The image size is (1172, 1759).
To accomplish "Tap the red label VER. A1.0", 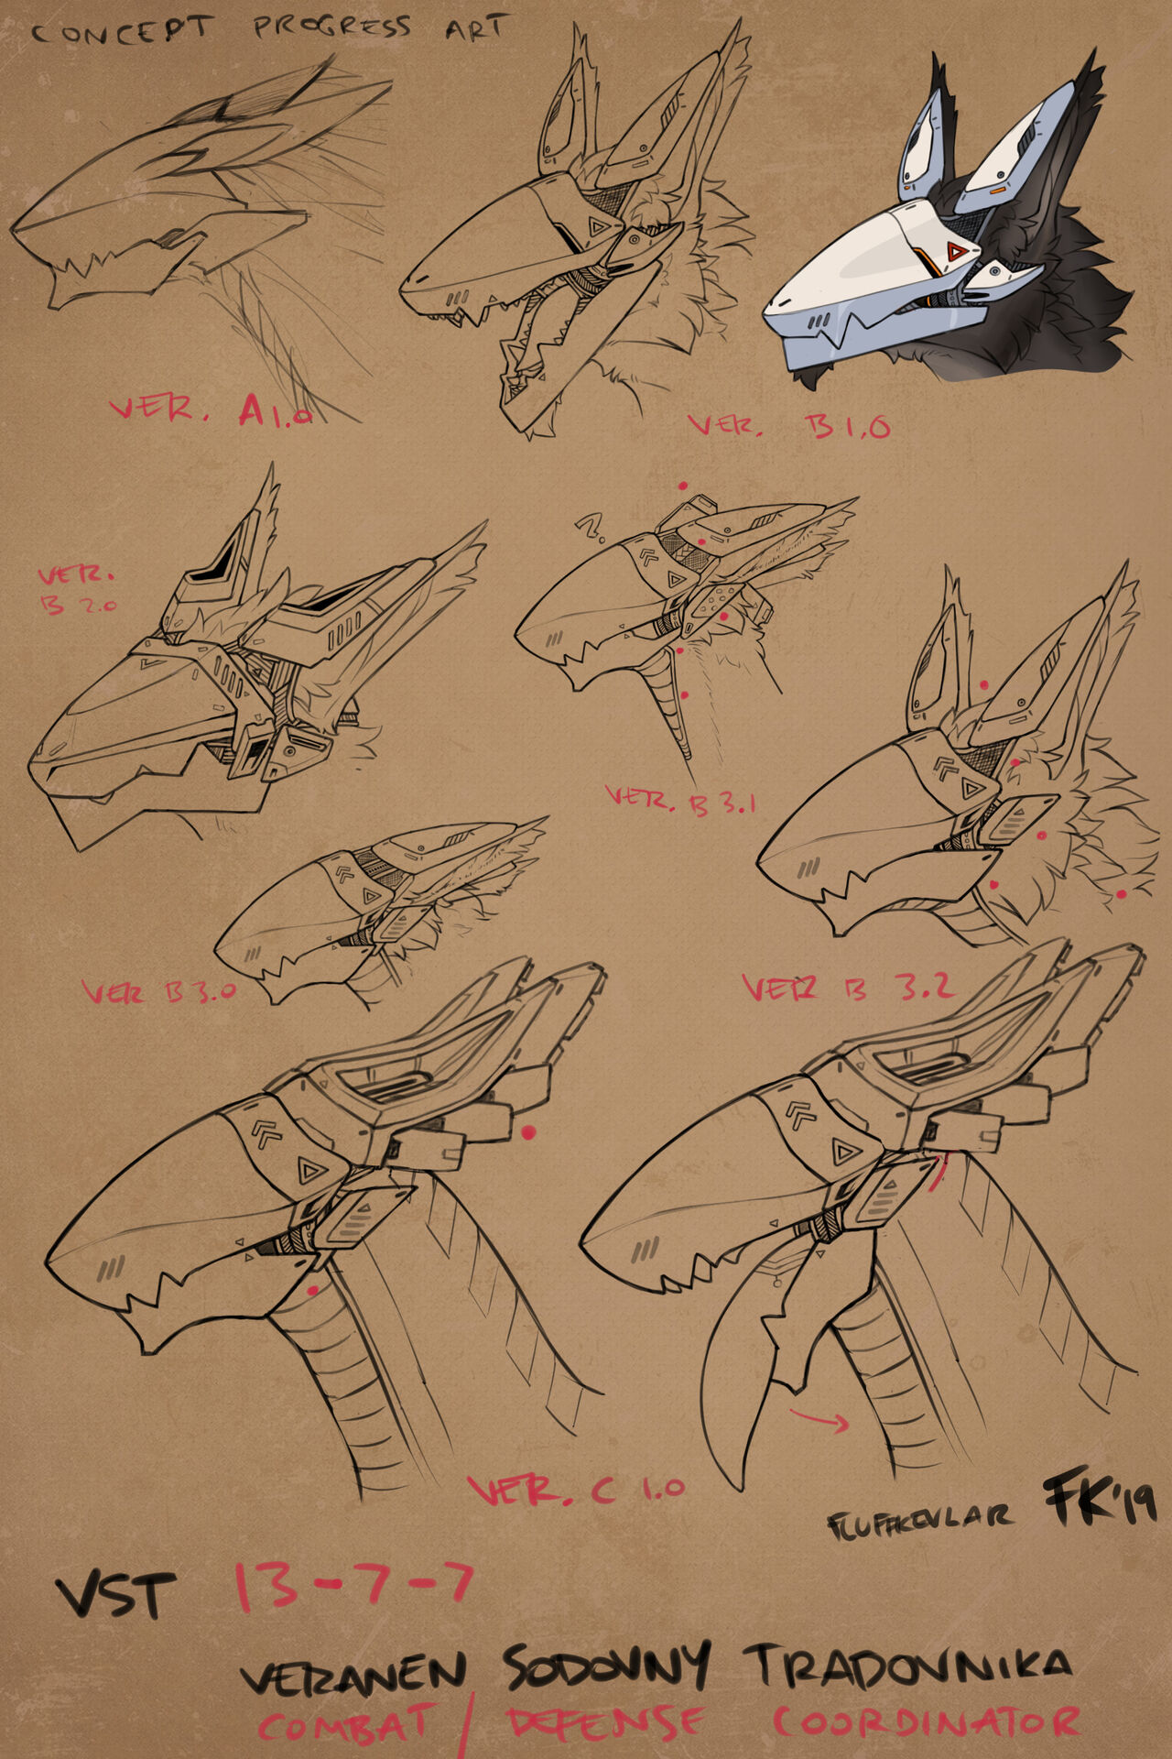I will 211,410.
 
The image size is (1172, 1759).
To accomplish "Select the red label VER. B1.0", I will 788,425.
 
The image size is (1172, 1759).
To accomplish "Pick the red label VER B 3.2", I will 848,987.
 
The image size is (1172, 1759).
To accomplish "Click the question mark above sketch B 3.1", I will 590,528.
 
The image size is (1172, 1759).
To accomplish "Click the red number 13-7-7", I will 353,1585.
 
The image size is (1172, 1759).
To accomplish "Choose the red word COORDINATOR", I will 926,1722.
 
